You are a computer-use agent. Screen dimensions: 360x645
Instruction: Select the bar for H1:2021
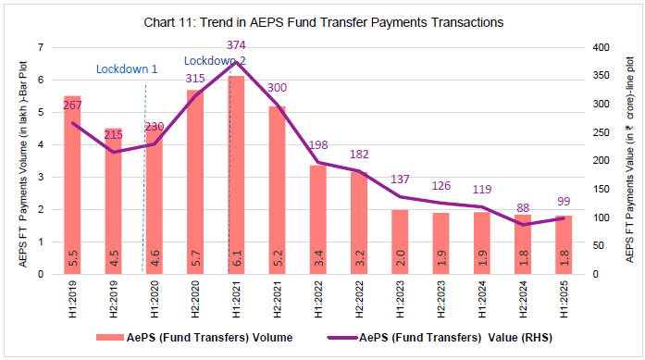pos(236,176)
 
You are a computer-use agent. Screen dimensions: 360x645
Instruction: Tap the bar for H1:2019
pos(72,185)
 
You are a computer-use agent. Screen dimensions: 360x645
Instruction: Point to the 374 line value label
pos(237,45)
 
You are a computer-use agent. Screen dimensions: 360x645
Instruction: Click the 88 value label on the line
pos(523,208)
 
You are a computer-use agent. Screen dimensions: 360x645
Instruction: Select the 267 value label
pos(72,106)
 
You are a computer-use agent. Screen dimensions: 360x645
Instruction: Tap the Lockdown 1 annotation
pos(127,69)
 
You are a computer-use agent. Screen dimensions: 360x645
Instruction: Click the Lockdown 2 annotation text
pos(215,60)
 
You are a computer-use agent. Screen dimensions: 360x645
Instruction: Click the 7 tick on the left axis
pos(40,47)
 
